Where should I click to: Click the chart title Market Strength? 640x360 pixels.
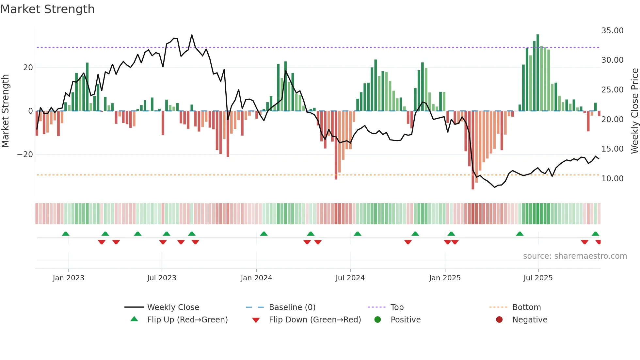[47, 9]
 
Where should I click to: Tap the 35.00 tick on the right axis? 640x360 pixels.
[612, 31]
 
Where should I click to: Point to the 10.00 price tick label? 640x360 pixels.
[612, 179]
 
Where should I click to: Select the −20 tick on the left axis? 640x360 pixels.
[25, 155]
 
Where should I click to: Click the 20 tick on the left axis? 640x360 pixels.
[28, 68]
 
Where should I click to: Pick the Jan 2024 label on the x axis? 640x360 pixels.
[256, 278]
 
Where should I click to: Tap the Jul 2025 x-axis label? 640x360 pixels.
[538, 278]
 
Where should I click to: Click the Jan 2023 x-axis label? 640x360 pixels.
[69, 278]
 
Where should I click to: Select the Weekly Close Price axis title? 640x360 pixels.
[634, 111]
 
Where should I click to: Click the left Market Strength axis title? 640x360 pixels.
[5, 111]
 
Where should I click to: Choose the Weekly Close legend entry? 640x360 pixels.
[173, 307]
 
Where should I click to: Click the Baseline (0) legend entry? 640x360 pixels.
[292, 307]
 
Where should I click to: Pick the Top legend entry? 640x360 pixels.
[397, 307]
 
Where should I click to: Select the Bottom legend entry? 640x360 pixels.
[526, 307]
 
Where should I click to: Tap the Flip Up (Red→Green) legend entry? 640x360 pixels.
[187, 320]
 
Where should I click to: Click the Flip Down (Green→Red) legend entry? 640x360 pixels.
[315, 320]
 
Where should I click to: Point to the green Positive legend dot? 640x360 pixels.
[377, 320]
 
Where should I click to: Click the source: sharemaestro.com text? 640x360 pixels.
[575, 256]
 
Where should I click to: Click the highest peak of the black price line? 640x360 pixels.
[192, 35]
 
